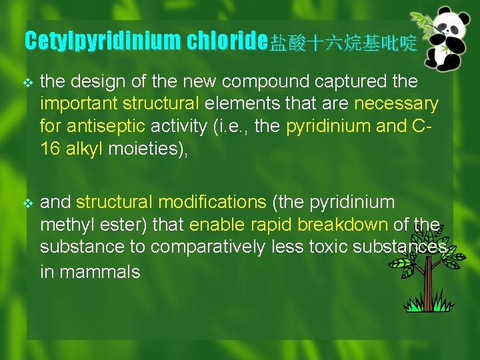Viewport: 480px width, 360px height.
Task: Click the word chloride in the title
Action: tap(227, 41)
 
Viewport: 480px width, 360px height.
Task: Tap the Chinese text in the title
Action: tap(343, 44)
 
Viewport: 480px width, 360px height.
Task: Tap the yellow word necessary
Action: tap(396, 104)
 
